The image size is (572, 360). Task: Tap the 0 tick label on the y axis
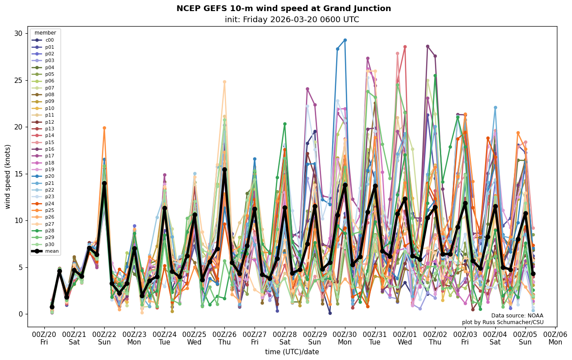coord(20,314)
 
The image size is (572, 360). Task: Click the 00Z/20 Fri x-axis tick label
coord(44,338)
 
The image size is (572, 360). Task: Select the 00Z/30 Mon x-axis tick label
coord(345,338)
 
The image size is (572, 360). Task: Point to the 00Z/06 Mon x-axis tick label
coord(555,338)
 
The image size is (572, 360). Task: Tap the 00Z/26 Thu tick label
coord(224,338)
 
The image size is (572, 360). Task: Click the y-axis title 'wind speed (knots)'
coord(8,176)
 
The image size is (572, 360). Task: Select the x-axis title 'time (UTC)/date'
coord(292,352)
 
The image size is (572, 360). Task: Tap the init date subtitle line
coord(292,20)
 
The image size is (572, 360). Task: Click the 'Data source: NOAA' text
coord(517,316)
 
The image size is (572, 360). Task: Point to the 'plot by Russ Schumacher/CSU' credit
coord(502,322)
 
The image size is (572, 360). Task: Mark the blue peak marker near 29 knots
coord(345,40)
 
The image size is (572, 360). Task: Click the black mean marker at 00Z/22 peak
coord(104,183)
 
